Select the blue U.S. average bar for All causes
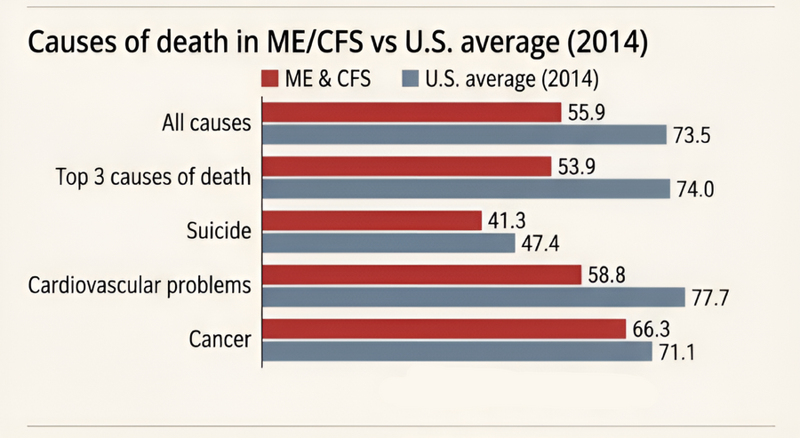465,134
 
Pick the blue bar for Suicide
389,242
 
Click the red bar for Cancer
444,329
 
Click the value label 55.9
587,112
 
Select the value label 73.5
693,134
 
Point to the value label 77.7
710,297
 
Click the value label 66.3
652,329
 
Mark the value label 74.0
697,188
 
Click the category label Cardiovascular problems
140,285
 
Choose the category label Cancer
220,339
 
